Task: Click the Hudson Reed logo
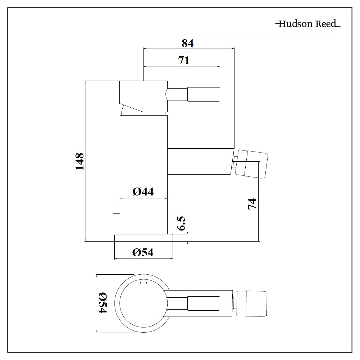[x=307, y=24]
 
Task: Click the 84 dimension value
[x=188, y=43]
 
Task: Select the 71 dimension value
[x=184, y=60]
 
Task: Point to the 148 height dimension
[x=80, y=161]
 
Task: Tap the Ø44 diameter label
[x=143, y=192]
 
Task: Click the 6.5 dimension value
[x=181, y=223]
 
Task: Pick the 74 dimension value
[x=252, y=204]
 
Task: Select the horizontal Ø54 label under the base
[x=143, y=252]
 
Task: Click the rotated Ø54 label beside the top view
[x=102, y=302]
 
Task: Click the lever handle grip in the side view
[x=204, y=94]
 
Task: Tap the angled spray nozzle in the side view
[x=252, y=164]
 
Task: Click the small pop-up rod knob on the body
[x=117, y=211]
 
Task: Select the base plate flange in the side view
[x=143, y=238]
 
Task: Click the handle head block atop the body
[x=143, y=96]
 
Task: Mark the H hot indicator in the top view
[x=145, y=323]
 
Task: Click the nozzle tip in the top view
[x=252, y=303]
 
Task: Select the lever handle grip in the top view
[x=204, y=303]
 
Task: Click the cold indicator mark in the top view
[x=143, y=283]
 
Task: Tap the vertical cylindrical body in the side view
[x=144, y=175]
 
